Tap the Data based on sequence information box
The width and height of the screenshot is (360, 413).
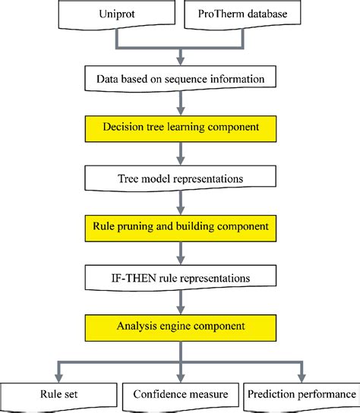(x=180, y=79)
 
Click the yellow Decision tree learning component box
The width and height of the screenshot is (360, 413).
(x=180, y=125)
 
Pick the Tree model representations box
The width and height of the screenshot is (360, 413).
(x=180, y=178)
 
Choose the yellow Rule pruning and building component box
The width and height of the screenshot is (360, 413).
(x=180, y=225)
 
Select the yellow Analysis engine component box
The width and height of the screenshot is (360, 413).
(x=180, y=326)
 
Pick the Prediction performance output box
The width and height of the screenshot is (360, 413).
(x=301, y=394)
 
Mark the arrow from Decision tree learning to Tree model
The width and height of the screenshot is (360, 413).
(x=180, y=155)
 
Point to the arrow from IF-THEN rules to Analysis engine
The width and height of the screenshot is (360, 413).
(x=180, y=302)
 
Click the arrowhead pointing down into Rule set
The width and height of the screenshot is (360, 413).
(x=59, y=376)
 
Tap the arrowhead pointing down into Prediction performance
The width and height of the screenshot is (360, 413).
(x=302, y=376)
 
